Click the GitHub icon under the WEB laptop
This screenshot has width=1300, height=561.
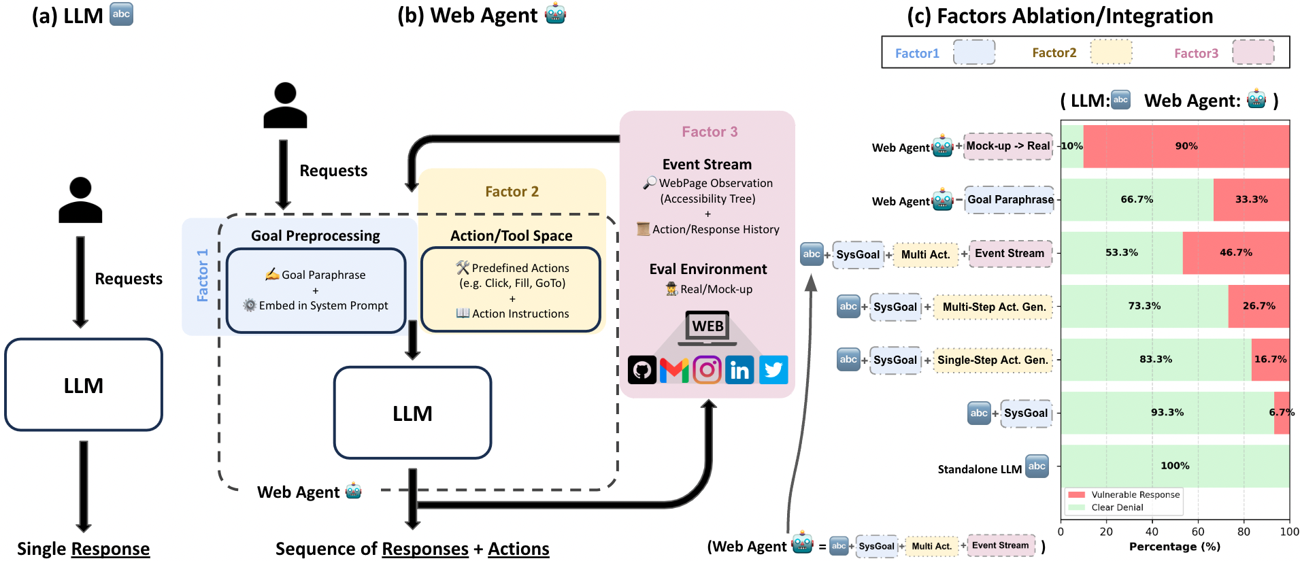pos(641,370)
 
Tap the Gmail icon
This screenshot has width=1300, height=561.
pos(674,370)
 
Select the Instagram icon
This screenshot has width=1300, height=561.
pos(707,370)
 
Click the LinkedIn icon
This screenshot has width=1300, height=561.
pos(739,370)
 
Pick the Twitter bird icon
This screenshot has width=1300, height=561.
pos(773,370)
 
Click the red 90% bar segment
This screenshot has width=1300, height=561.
pos(1186,146)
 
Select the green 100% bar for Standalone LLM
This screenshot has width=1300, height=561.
pos(1175,466)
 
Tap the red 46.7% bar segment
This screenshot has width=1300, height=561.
pos(1236,252)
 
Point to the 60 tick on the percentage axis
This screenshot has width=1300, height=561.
pos(1198,532)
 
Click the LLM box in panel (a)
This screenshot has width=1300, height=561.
pos(84,385)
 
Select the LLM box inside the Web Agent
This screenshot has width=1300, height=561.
pos(412,413)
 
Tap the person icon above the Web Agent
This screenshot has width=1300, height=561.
pos(285,105)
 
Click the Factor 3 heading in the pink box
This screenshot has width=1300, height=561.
pos(710,132)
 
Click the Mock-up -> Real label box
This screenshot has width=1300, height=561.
pos(1008,146)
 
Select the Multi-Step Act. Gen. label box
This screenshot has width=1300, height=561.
pos(994,307)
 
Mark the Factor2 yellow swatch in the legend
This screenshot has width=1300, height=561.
pos(1111,52)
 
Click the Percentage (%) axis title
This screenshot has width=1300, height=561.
pos(1175,547)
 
